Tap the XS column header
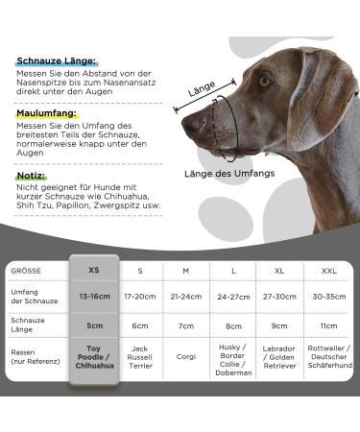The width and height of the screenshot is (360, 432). point(93,270)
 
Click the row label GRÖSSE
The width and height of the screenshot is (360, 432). point(26,271)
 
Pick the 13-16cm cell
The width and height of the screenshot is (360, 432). point(93,297)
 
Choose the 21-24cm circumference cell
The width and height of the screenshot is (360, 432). point(185,297)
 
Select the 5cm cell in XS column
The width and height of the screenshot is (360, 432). point(93,325)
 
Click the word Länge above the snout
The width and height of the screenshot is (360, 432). point(202,87)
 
